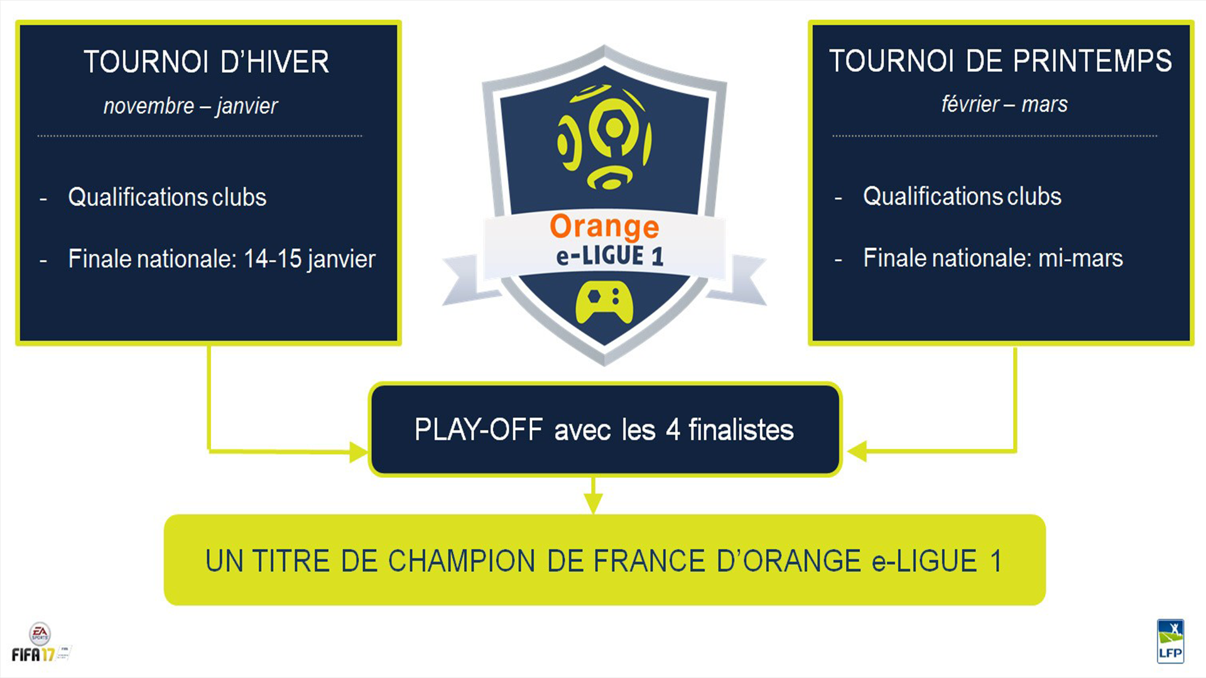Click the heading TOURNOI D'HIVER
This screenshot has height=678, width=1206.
pyautogui.click(x=206, y=62)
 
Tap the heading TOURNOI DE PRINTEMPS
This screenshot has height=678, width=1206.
pyautogui.click(x=1001, y=61)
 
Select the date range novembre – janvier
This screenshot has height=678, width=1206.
pyautogui.click(x=190, y=106)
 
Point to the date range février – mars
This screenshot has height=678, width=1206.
pyautogui.click(x=1004, y=104)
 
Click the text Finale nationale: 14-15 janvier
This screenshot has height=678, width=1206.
pyautogui.click(x=222, y=259)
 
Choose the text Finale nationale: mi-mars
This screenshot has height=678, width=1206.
pyautogui.click(x=993, y=257)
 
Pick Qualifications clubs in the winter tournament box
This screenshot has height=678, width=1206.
pyautogui.click(x=167, y=197)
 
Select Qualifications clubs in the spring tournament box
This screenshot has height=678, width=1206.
pyautogui.click(x=962, y=196)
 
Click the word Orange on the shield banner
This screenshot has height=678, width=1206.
pyautogui.click(x=604, y=227)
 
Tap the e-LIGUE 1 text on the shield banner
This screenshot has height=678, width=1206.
pyautogui.click(x=609, y=256)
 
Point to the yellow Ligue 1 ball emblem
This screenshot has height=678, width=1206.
pyautogui.click(x=604, y=137)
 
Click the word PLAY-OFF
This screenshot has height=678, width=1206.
pyautogui.click(x=479, y=430)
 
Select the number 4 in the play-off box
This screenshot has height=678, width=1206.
pyautogui.click(x=673, y=430)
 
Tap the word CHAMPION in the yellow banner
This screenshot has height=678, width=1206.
pyautogui.click(x=462, y=561)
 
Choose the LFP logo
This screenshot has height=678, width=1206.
pyautogui.click(x=1170, y=641)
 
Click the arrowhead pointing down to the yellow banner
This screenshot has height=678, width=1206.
pyautogui.click(x=593, y=503)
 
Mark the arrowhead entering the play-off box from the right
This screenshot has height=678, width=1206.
pyautogui.click(x=857, y=451)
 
